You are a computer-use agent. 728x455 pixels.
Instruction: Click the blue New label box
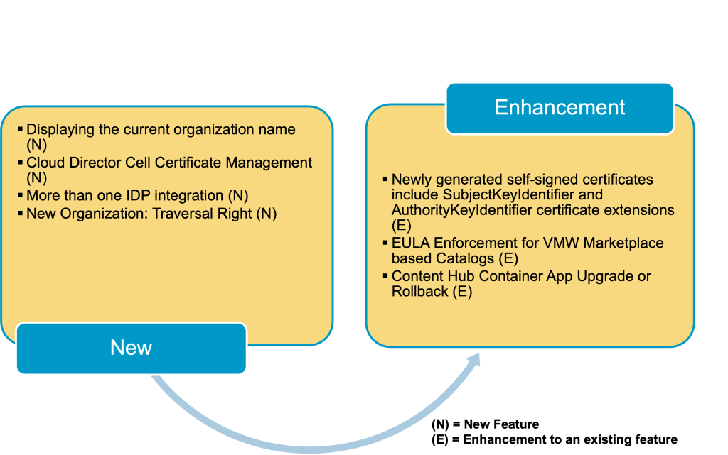[x=131, y=348]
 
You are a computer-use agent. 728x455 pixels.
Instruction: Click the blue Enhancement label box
[x=560, y=108]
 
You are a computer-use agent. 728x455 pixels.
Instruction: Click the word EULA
[x=409, y=243]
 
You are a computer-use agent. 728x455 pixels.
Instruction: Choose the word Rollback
[x=419, y=291]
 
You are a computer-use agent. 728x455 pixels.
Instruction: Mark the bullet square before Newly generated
[x=385, y=179]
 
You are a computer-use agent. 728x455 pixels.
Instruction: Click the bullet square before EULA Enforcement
[x=385, y=243]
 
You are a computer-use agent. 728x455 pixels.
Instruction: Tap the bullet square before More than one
[x=20, y=195]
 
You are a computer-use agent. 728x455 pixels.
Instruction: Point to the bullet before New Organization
[x=20, y=213]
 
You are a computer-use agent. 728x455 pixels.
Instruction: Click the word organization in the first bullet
[x=206, y=130]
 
